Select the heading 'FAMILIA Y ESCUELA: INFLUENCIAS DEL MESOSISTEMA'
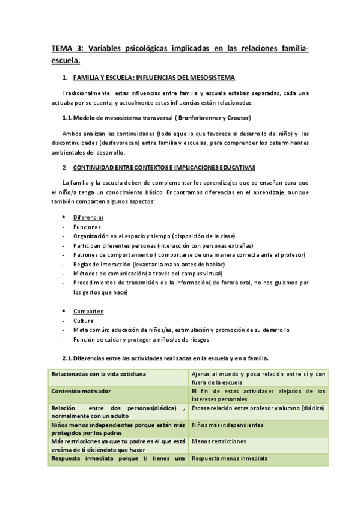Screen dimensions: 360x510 tap(154, 78)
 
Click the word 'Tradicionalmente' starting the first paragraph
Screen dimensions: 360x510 tap(86, 93)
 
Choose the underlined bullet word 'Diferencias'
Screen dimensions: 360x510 tap(88, 217)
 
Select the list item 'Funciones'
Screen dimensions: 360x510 tap(87, 227)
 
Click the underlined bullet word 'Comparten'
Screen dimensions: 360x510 tap(88, 311)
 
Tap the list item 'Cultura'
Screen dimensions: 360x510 tap(84, 321)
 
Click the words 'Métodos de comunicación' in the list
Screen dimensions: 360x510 tap(108, 273)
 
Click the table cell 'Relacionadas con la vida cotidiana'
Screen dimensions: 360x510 tap(99, 374)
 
